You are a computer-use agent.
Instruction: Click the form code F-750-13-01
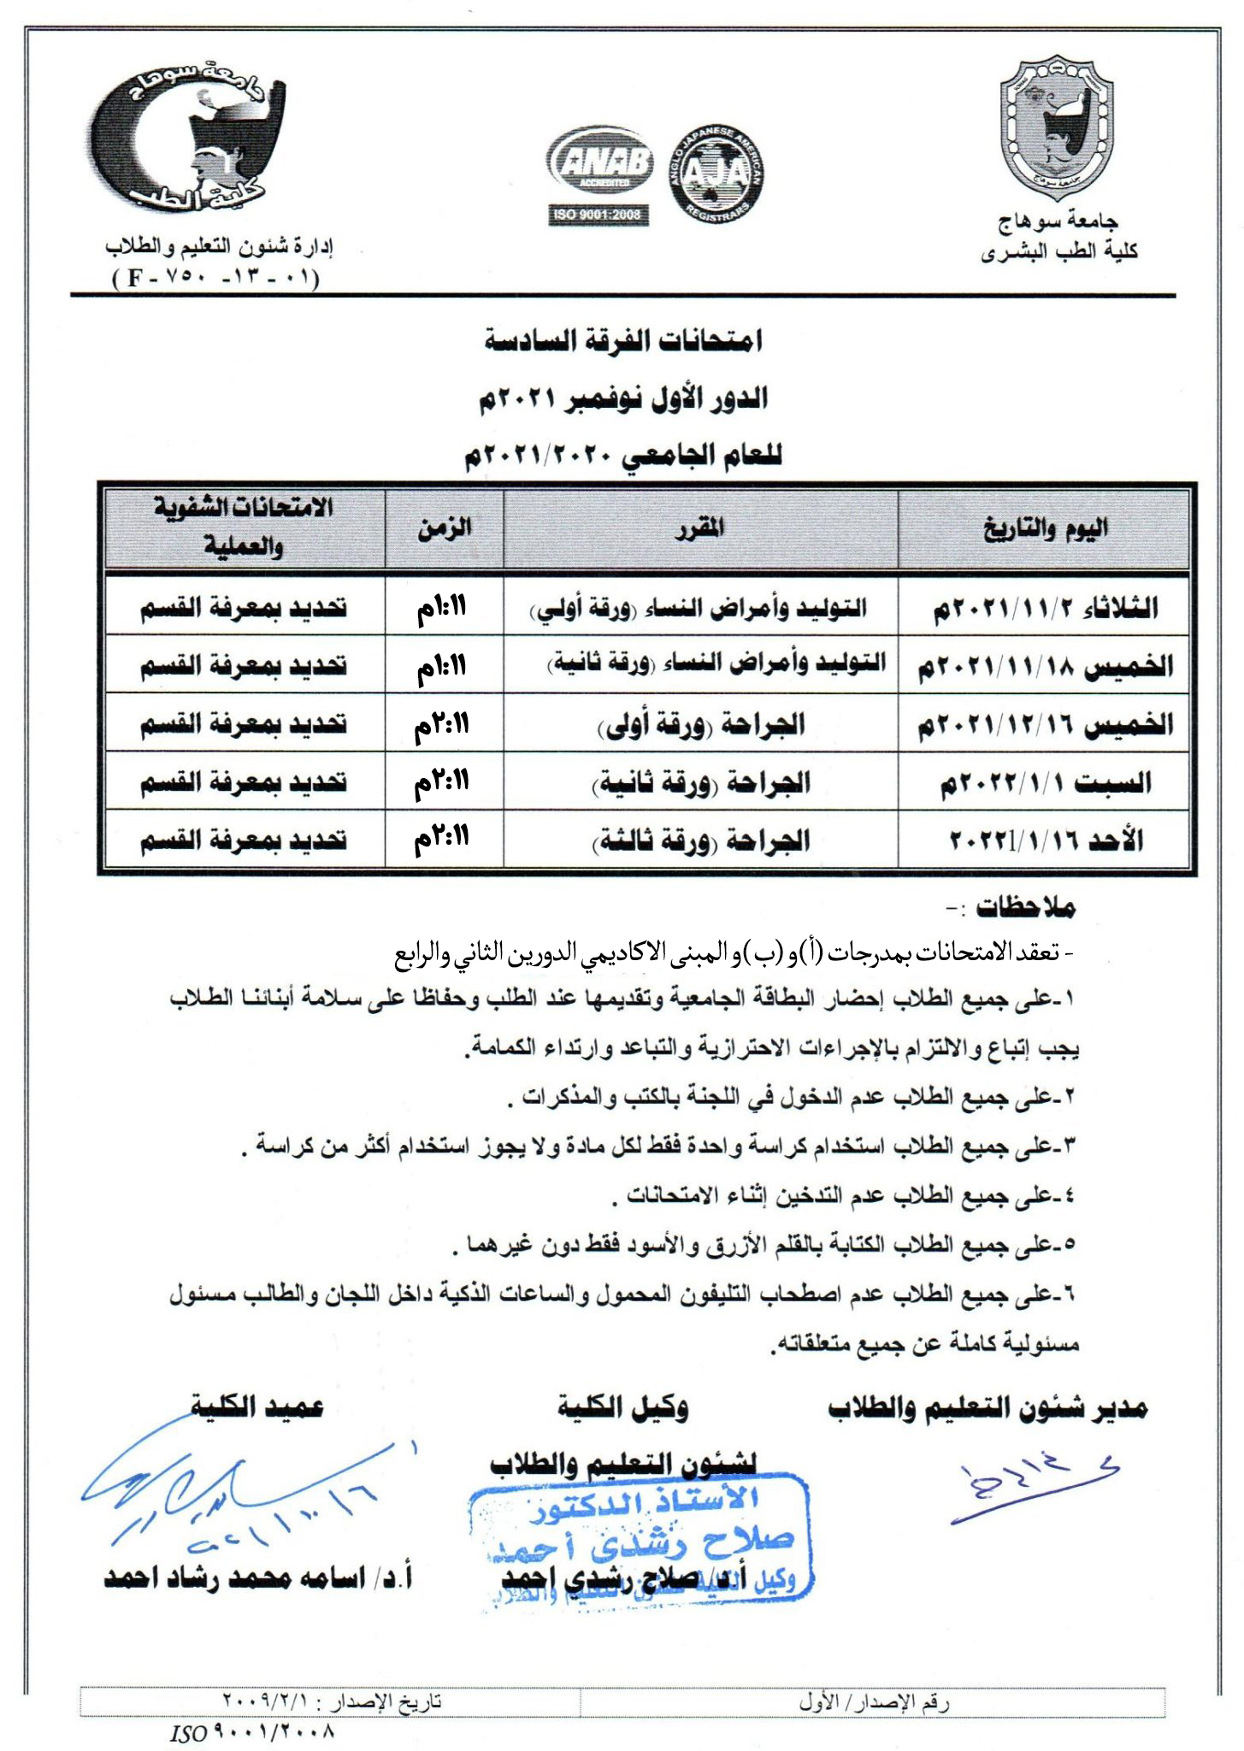215,279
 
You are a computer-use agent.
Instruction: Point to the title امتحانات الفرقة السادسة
623,341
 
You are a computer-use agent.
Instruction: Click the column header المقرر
700,529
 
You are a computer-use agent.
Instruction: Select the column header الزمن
445,529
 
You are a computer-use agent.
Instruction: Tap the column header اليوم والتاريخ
1045,529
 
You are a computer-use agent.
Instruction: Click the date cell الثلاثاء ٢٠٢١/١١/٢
1045,609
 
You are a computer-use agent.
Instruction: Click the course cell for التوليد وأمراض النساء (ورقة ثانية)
700,664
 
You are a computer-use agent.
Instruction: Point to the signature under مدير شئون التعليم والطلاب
1030,1490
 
